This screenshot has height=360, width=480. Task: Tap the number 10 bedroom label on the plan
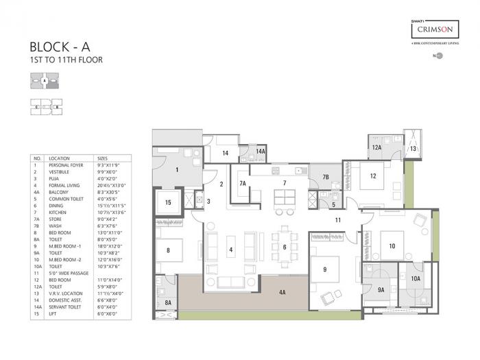click(392, 245)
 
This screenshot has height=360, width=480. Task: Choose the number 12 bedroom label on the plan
click(373, 176)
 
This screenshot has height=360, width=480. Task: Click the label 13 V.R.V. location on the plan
click(413, 148)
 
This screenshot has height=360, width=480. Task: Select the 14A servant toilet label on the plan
click(261, 151)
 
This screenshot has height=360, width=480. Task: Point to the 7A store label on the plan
click(243, 183)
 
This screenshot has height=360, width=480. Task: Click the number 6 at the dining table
click(285, 247)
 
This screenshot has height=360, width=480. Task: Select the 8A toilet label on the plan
click(168, 302)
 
